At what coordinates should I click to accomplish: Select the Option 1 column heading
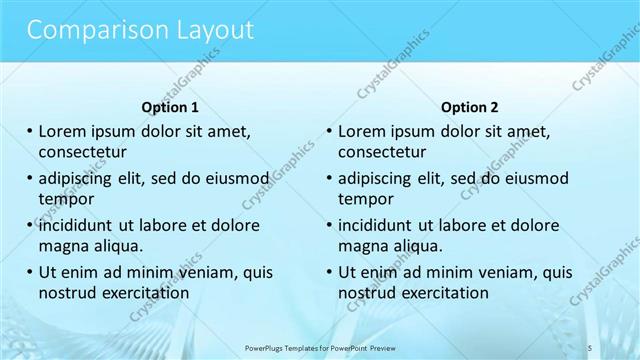(172, 107)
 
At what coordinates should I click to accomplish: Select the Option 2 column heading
(470, 107)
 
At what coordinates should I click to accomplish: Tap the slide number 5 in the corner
(589, 345)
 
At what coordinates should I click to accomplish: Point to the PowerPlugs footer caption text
(320, 346)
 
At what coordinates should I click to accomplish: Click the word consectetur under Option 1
(83, 152)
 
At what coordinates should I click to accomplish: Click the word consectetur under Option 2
(382, 152)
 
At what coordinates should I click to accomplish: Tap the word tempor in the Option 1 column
(67, 198)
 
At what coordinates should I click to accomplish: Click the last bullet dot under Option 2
(329, 272)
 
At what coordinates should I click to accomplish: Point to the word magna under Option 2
(362, 245)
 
